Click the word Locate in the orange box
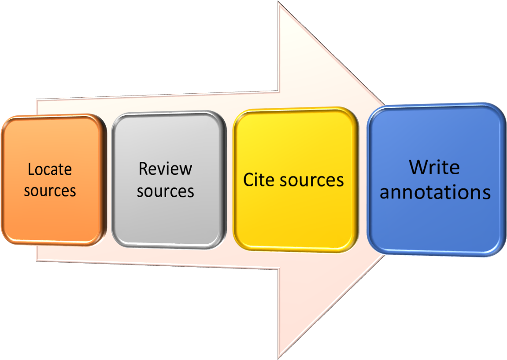(x=49, y=170)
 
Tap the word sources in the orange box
(x=50, y=191)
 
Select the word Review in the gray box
(x=165, y=169)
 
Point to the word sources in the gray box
(x=165, y=191)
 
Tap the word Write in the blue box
(x=434, y=168)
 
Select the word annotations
(x=435, y=193)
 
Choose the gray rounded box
(x=167, y=220)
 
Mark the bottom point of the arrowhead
(x=278, y=357)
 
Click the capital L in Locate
(x=31, y=170)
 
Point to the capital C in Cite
(x=248, y=180)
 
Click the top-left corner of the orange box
(x=5, y=120)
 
